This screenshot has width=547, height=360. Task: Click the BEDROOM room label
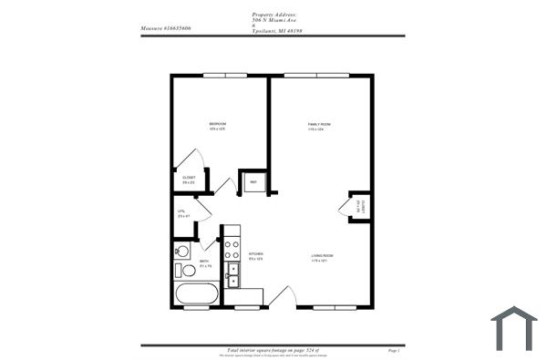coord(217,123)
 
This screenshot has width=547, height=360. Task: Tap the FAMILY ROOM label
coord(317,123)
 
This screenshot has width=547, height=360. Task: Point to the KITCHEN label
coord(256,255)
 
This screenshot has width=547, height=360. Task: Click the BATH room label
coord(205,262)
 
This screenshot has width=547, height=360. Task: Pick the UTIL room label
coord(182,211)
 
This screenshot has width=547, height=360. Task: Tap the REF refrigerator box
coord(253,181)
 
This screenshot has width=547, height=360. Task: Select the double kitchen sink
coord(232,274)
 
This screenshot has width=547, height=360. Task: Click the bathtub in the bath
coord(196,294)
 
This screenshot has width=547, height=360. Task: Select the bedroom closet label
coord(189,179)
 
